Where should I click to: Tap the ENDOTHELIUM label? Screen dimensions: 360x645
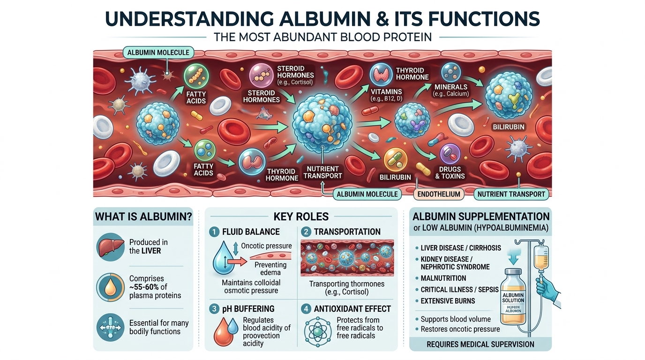coord(439,194)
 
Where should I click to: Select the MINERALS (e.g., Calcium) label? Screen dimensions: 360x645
coord(451,90)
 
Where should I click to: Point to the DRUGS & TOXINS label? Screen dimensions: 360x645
coord(450,172)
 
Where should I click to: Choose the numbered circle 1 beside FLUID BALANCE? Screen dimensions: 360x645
coord(214,232)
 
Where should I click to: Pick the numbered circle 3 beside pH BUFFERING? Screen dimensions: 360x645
coord(214,309)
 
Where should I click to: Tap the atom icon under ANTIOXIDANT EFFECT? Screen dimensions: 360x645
coord(317,331)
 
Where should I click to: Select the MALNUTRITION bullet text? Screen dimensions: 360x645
coord(443,278)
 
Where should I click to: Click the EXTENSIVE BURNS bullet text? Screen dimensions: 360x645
coord(448,301)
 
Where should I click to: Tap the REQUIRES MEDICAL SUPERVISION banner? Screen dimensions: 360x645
coord(480,345)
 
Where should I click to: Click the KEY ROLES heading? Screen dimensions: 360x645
coord(301,217)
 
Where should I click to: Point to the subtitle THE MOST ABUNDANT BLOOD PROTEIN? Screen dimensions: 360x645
coord(322,37)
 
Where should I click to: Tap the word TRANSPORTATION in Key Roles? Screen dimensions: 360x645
coord(347,232)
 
